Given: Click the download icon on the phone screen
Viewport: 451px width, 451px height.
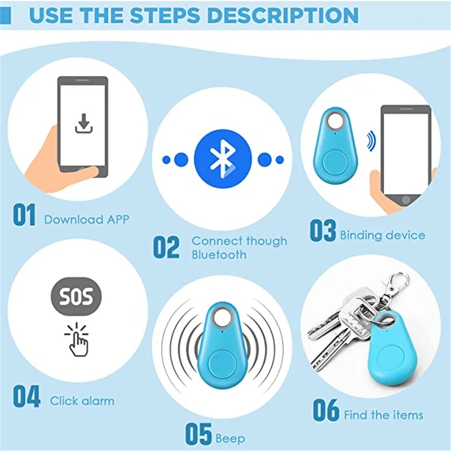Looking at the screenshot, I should (83, 123).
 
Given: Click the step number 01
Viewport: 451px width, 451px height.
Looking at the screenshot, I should (24, 216).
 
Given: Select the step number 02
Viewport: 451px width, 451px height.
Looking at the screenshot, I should (166, 247).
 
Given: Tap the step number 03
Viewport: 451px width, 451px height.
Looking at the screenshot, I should (322, 231).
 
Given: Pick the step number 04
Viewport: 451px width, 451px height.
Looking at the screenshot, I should (26, 397).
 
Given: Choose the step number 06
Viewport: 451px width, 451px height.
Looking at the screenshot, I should (326, 410).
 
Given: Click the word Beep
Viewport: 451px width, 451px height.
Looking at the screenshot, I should (230, 437).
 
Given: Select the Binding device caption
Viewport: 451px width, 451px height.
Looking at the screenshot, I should (382, 235).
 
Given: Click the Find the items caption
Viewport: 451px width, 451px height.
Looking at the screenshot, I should (383, 415).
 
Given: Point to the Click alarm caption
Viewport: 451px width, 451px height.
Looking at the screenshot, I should (82, 401).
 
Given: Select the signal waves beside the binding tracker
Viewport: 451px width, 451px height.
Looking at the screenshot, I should (370, 141).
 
